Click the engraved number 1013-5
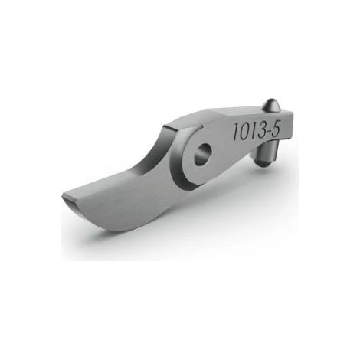(x=257, y=130)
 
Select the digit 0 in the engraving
(x=244, y=132)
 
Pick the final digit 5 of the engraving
(x=277, y=128)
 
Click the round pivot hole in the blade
(x=204, y=154)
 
